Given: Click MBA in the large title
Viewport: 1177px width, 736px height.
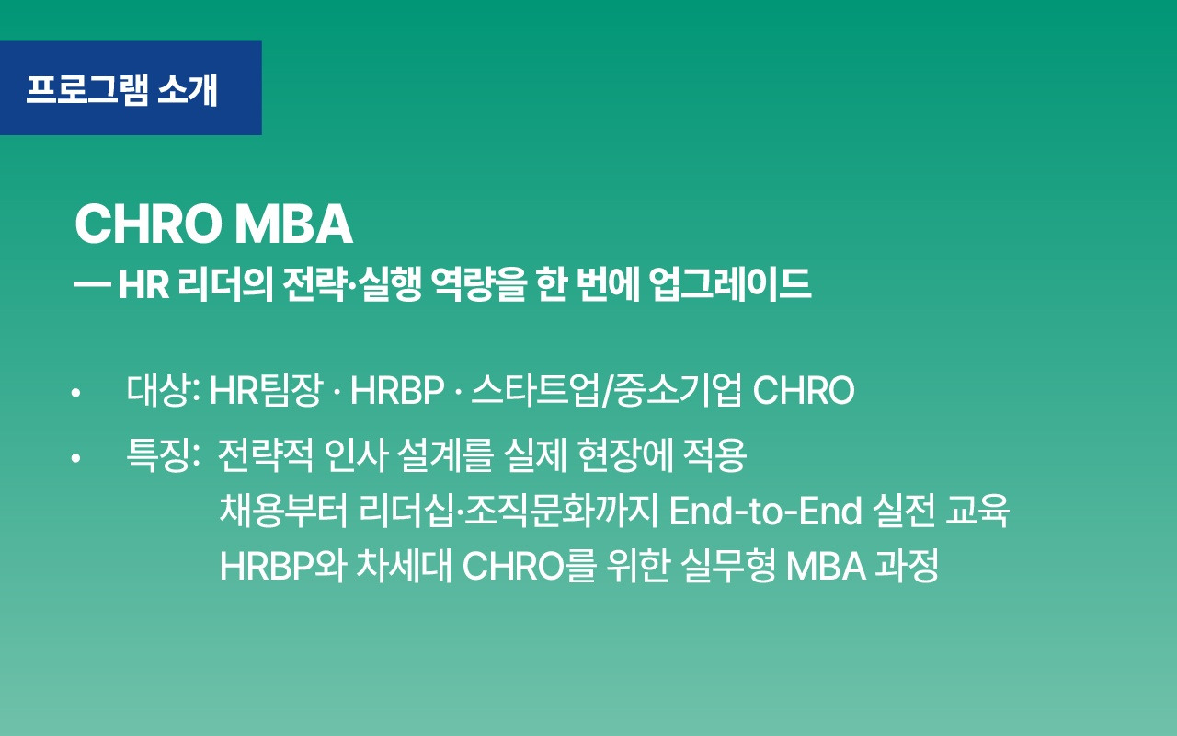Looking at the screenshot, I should [293, 224].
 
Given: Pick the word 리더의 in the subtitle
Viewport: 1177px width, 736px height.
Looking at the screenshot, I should [219, 284].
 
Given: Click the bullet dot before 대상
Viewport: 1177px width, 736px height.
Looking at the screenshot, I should [75, 394].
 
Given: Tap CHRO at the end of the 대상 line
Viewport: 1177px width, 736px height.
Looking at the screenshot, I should [804, 392].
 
